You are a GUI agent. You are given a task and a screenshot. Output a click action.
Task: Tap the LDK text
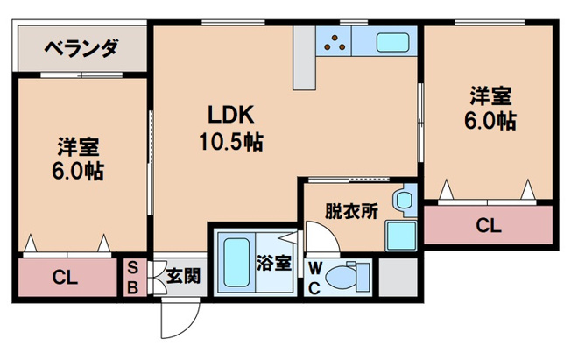(x=230, y=116)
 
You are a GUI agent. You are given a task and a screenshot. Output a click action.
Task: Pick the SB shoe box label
(x=133, y=277)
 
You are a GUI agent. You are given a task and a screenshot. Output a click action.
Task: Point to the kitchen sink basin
(x=391, y=41)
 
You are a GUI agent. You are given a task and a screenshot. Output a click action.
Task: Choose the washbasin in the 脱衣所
(x=403, y=201)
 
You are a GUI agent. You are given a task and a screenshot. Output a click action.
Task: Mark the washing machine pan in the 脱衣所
(x=401, y=235)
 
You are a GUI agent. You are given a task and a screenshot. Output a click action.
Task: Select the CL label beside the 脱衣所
(x=488, y=226)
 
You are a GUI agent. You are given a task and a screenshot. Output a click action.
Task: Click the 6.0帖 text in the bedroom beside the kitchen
(x=489, y=121)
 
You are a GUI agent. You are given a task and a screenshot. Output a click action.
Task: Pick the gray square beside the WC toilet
(x=396, y=276)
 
